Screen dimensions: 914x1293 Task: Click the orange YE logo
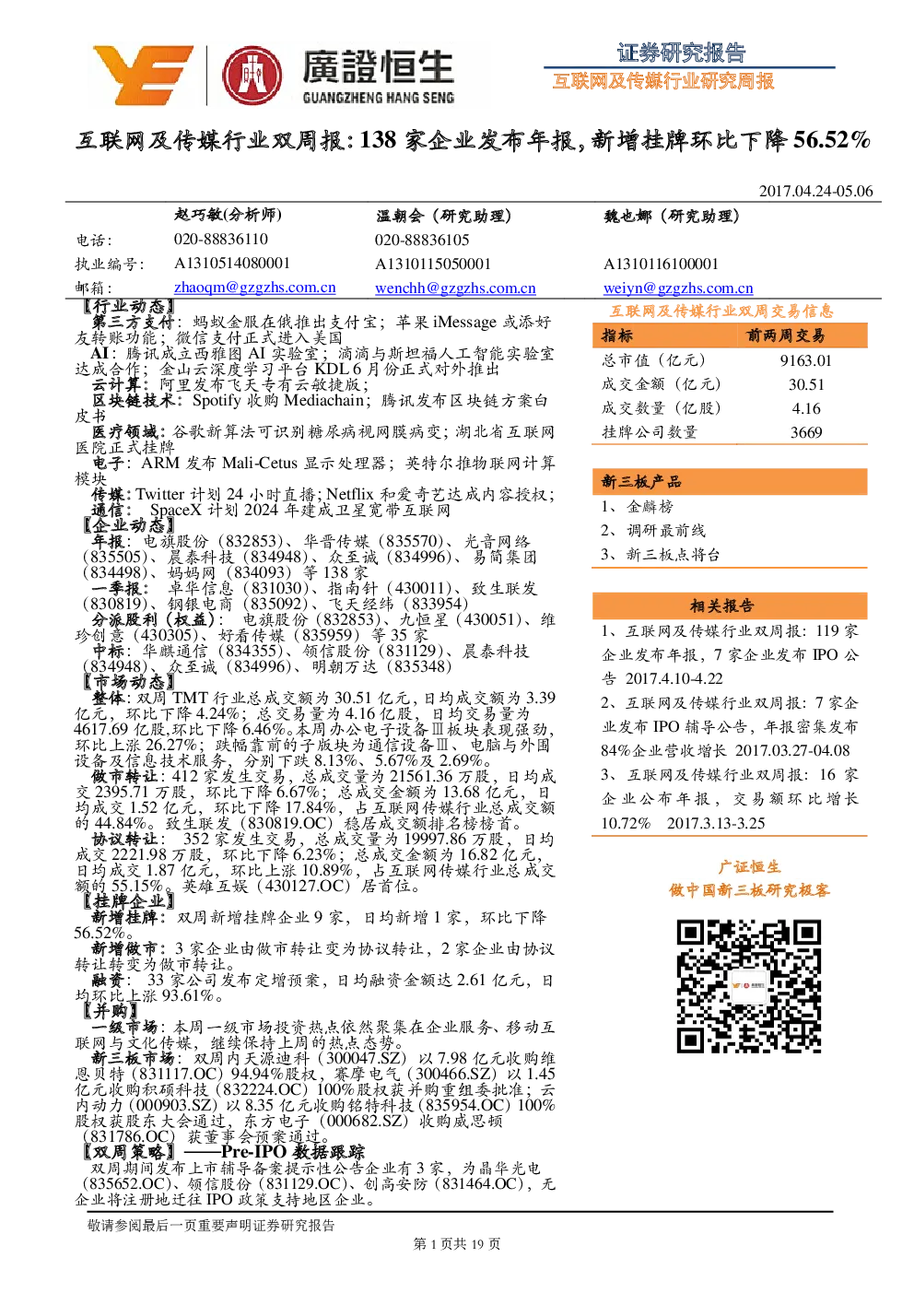pyautogui.click(x=143, y=75)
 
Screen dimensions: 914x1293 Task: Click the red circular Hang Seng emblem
pyautogui.click(x=252, y=76)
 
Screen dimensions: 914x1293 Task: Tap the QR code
pyautogui.click(x=748, y=986)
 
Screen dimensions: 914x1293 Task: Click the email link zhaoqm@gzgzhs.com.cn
pyautogui.click(x=254, y=288)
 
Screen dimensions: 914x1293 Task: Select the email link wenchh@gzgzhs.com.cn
pyautogui.click(x=455, y=288)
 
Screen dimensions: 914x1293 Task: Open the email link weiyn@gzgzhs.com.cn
pyautogui.click(x=678, y=288)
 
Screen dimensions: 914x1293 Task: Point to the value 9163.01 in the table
pyautogui.click(x=805, y=360)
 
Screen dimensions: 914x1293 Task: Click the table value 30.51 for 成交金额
pyautogui.click(x=806, y=384)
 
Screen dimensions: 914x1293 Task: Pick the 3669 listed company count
pyautogui.click(x=806, y=432)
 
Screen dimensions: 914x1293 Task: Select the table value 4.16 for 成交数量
pyautogui.click(x=806, y=408)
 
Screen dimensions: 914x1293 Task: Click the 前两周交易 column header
pyautogui.click(x=785, y=335)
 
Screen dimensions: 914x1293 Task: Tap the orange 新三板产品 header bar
pyautogui.click(x=730, y=481)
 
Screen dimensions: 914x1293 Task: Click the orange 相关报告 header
pyautogui.click(x=730, y=605)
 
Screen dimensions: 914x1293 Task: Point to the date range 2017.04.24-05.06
pyautogui.click(x=815, y=191)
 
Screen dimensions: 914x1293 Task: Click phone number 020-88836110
pyautogui.click(x=221, y=239)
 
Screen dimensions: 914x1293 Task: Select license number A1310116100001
pyautogui.click(x=661, y=264)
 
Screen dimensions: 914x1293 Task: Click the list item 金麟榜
pyautogui.click(x=650, y=506)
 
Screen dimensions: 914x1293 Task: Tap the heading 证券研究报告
pyautogui.click(x=681, y=53)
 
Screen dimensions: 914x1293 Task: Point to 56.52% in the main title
pyautogui.click(x=831, y=140)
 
